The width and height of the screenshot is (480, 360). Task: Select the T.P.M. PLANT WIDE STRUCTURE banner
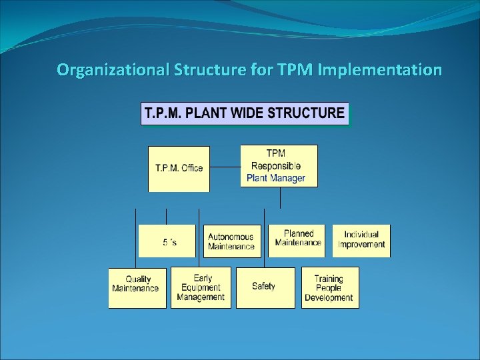click(x=244, y=113)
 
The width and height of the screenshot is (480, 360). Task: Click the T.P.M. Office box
click(x=179, y=168)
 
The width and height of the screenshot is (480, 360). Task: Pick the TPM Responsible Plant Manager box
click(x=279, y=165)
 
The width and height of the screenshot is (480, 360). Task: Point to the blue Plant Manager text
click(x=275, y=178)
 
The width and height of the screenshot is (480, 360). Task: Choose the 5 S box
click(x=167, y=241)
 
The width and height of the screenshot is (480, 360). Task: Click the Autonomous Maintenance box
click(x=231, y=241)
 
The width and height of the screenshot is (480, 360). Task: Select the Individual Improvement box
click(x=361, y=240)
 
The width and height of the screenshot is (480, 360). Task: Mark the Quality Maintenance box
click(x=137, y=287)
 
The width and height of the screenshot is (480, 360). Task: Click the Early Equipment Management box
click(x=201, y=287)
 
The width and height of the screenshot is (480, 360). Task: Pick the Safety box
click(x=265, y=287)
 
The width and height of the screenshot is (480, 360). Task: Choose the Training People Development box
click(x=329, y=287)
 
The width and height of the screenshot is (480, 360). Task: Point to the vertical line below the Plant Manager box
click(x=281, y=197)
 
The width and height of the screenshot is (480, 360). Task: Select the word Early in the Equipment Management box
click(x=203, y=277)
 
